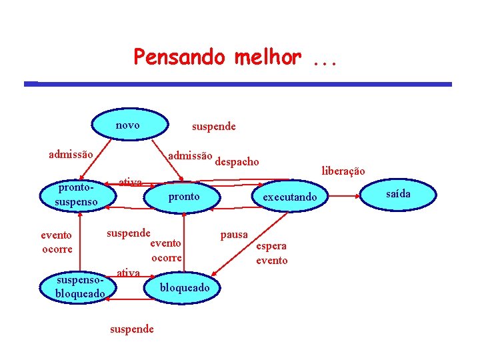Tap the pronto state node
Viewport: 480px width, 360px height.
pyautogui.click(x=184, y=197)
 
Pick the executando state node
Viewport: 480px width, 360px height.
pyautogui.click(x=290, y=197)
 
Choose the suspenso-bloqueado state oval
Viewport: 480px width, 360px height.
pyautogui.click(x=80, y=287)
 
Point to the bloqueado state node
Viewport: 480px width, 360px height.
pyautogui.click(x=184, y=287)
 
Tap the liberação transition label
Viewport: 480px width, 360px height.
pyautogui.click(x=343, y=171)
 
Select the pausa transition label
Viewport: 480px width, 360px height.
pyautogui.click(x=234, y=235)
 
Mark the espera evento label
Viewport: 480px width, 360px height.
pyautogui.click(x=272, y=253)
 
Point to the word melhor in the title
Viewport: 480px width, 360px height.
pyautogui.click(x=268, y=57)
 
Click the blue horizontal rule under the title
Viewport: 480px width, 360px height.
pyautogui.click(x=238, y=84)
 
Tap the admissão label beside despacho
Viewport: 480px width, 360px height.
pyautogui.click(x=190, y=155)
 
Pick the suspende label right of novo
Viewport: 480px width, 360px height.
pyautogui.click(x=213, y=126)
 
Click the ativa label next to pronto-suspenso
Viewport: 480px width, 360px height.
pyautogui.click(x=129, y=182)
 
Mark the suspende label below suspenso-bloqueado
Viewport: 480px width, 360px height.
pyautogui.click(x=131, y=329)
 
